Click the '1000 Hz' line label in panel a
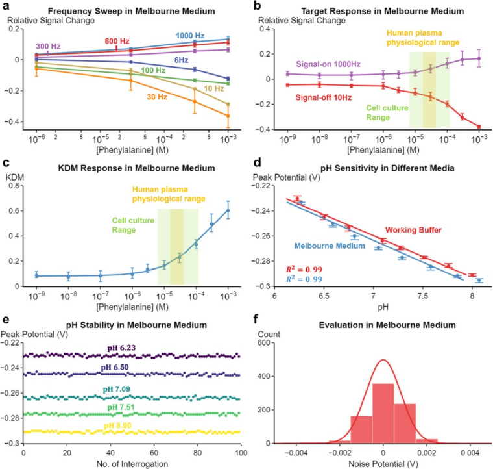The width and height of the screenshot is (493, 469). click(191, 34)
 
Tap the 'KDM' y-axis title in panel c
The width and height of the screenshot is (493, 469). click(15, 176)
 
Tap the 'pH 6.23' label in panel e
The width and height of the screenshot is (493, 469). click(121, 349)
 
